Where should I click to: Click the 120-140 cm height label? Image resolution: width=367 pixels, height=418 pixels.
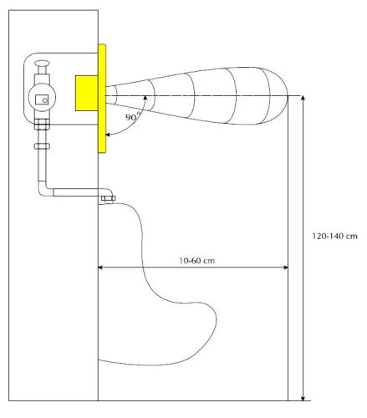click(x=334, y=237)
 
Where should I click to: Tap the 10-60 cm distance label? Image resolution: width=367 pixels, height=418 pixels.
click(x=196, y=261)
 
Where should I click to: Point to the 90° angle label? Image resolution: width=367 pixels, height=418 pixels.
click(x=133, y=117)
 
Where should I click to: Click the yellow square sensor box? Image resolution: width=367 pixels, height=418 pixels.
click(x=86, y=93)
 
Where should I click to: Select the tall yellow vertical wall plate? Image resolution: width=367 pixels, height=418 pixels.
click(x=102, y=99)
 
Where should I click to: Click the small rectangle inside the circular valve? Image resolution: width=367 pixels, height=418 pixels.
click(x=42, y=99)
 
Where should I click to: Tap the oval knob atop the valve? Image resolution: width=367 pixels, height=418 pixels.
click(x=42, y=64)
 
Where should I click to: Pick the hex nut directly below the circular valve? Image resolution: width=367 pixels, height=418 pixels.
click(x=42, y=125)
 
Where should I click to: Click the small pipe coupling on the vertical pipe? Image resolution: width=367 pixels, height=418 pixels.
click(x=42, y=146)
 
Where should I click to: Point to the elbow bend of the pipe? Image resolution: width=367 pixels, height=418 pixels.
click(x=43, y=190)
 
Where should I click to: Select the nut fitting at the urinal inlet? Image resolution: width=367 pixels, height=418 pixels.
click(x=108, y=198)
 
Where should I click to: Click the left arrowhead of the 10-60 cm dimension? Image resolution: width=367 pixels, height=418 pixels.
click(x=100, y=268)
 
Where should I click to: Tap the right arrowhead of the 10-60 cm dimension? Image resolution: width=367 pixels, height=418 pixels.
click(x=286, y=268)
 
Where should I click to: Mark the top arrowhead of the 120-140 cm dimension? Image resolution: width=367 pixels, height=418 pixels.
click(x=303, y=98)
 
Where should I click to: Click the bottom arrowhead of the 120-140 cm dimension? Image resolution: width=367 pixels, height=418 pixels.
click(x=303, y=398)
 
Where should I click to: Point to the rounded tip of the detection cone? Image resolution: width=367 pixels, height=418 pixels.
click(x=288, y=95)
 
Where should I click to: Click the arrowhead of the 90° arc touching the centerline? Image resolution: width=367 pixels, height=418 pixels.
click(x=145, y=98)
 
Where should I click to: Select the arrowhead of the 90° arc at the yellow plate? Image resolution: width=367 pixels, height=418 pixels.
click(x=108, y=135)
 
